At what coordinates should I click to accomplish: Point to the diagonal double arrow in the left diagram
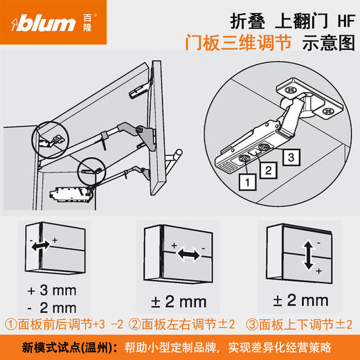(43, 246)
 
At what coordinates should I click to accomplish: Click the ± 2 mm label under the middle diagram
(177, 301)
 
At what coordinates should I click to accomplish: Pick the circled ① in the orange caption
(11, 324)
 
